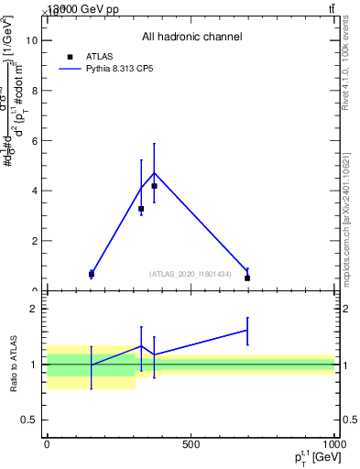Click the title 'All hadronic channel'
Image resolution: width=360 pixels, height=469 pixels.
pyautogui.click(x=191, y=38)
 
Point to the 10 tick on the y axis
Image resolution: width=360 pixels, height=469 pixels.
pyautogui.click(x=38, y=40)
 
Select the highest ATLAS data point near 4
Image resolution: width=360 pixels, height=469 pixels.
pyautogui.click(x=154, y=186)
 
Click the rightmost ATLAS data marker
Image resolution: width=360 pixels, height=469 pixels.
pyautogui.click(x=247, y=278)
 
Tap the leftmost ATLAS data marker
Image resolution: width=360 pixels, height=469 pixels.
pyautogui.click(x=92, y=274)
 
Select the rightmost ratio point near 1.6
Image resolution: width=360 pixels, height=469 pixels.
pyautogui.click(x=247, y=330)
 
